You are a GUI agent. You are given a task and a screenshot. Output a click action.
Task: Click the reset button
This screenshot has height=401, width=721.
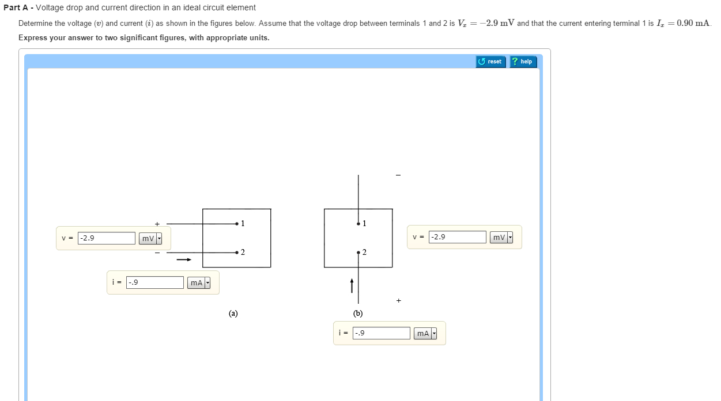490,62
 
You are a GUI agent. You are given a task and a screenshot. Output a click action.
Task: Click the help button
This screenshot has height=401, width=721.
523,62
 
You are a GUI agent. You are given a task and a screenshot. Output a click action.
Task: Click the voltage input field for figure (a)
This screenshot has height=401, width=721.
106,238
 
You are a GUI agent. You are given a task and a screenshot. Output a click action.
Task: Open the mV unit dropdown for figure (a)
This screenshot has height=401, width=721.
150,238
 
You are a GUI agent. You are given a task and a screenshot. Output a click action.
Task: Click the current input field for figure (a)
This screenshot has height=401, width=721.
155,282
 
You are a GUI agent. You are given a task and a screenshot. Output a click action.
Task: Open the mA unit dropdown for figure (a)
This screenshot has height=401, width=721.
199,282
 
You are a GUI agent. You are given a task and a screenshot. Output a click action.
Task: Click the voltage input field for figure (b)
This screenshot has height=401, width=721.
458,237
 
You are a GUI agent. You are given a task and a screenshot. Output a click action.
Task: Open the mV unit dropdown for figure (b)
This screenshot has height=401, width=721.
501,238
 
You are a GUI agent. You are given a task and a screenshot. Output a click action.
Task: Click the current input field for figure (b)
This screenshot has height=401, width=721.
382,333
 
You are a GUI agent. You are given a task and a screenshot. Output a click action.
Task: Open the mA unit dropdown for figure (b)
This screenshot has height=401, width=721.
425,334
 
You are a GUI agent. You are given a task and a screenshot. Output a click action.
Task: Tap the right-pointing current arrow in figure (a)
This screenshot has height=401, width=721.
184,259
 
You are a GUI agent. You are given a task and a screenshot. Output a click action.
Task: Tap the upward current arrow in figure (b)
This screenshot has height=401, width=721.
352,286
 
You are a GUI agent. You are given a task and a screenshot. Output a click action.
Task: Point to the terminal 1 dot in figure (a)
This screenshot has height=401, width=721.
237,224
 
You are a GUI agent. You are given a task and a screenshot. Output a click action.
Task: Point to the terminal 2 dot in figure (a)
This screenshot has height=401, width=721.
237,253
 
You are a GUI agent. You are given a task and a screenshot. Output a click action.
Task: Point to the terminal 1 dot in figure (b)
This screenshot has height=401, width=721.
358,224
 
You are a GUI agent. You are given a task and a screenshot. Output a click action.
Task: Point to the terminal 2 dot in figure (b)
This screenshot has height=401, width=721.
358,253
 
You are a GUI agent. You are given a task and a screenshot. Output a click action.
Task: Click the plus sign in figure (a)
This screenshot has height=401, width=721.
157,224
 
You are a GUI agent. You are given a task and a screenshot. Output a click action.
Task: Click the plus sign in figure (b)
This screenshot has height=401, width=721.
399,300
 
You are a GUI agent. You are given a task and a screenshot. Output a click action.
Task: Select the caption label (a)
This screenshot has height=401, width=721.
233,314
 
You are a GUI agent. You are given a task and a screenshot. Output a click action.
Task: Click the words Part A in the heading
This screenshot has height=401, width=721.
16,7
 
